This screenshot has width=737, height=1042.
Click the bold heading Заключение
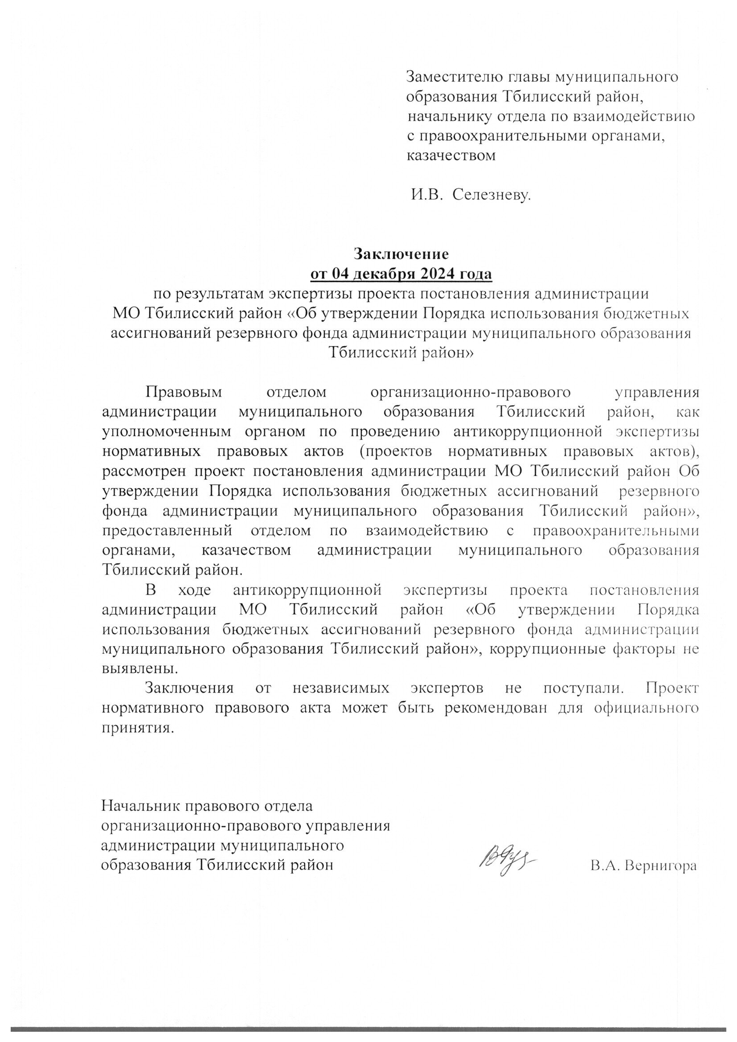click(x=401, y=253)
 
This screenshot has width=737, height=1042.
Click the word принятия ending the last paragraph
click(x=138, y=728)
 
